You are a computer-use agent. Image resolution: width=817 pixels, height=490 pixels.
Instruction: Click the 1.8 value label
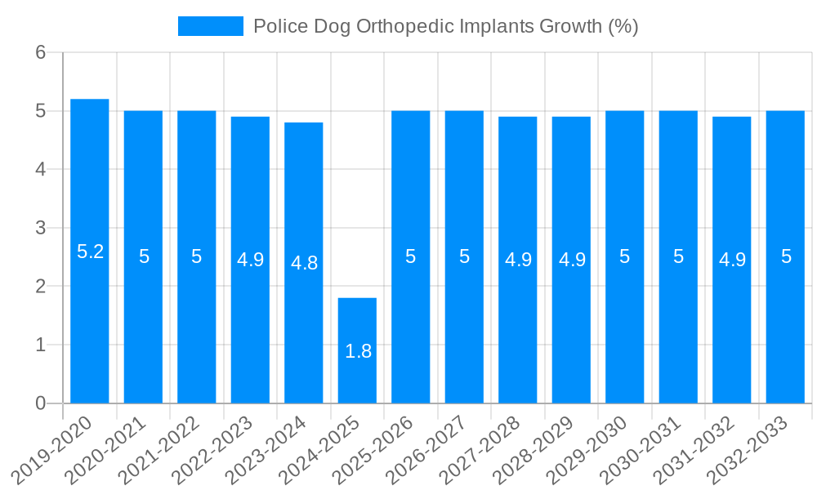click(x=358, y=351)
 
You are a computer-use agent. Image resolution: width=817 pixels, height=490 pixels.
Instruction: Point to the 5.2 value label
click(x=90, y=252)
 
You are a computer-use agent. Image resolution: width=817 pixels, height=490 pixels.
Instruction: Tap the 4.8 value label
click(x=304, y=263)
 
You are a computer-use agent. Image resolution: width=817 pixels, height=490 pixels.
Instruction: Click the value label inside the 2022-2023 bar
click(x=250, y=260)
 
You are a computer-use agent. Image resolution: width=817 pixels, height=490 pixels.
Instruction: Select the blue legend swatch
click(x=211, y=26)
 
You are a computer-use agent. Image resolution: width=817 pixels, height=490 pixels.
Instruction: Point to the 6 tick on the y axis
click(x=40, y=52)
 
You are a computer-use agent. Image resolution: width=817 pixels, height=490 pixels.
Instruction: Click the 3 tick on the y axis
click(x=40, y=228)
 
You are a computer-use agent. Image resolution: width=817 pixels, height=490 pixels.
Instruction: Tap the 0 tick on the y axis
click(x=40, y=403)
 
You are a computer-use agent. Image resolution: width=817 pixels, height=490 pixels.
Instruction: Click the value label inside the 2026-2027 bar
click(x=464, y=256)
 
